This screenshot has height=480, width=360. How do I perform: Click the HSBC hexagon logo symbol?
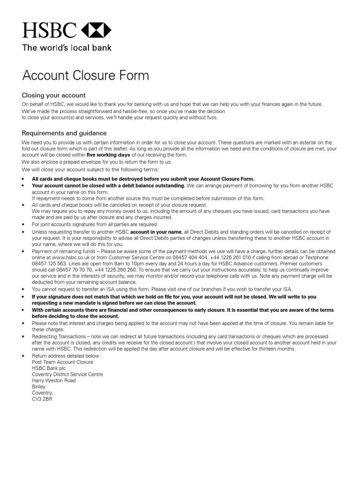pos(96,31)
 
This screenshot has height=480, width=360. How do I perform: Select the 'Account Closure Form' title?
pos(86,75)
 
